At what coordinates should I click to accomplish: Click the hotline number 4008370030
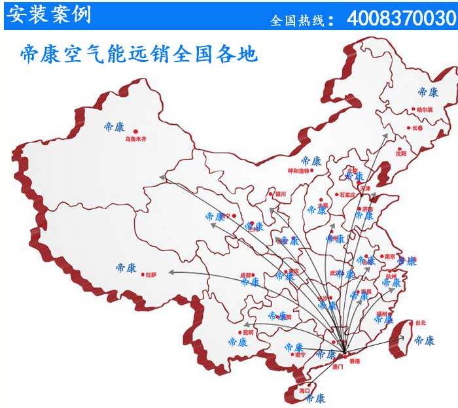(x=400, y=18)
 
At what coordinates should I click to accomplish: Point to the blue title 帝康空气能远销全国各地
(x=139, y=54)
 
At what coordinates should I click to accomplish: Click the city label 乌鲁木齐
(x=136, y=139)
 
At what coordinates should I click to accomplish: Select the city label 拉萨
(x=151, y=275)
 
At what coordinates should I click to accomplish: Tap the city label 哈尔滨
(x=425, y=109)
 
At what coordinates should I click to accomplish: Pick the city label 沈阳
(x=400, y=153)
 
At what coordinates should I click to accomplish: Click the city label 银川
(x=281, y=194)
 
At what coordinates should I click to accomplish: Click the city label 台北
(x=420, y=323)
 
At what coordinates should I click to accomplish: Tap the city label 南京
(x=391, y=257)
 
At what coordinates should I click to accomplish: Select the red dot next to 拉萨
(x=142, y=275)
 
